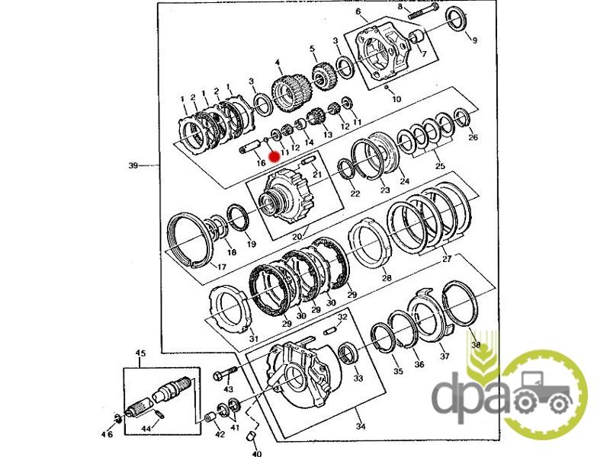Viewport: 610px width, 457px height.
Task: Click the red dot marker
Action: point(274,157)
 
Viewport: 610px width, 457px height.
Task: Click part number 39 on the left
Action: point(133,165)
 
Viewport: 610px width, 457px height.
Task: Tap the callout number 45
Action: point(140,353)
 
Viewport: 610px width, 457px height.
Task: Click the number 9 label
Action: point(474,40)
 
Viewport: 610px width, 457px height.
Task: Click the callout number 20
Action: point(297,237)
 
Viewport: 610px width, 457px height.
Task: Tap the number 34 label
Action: point(361,427)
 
